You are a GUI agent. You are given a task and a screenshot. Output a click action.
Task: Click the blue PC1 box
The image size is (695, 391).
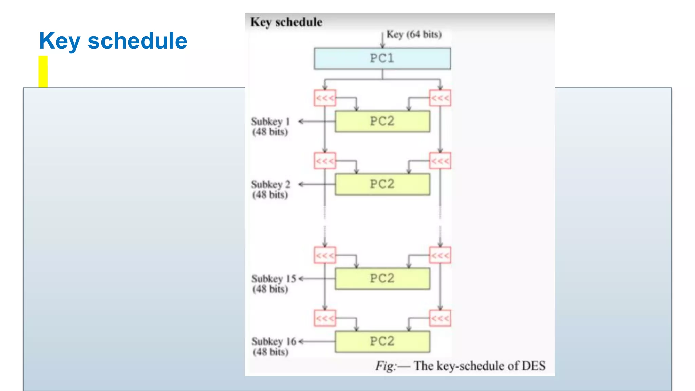382,58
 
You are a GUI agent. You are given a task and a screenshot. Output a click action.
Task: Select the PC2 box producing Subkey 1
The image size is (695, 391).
382,121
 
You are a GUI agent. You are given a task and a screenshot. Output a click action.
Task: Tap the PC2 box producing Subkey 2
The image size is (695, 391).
382,184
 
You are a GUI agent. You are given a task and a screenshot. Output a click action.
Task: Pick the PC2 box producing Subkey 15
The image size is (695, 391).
382,278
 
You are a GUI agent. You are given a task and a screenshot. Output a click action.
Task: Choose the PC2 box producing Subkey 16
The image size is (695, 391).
382,341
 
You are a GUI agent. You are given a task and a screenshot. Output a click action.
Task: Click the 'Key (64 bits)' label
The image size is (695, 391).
414,34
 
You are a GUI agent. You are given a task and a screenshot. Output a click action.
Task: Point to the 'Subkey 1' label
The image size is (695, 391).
270,122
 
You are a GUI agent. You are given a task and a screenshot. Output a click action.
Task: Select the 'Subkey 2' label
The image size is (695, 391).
270,184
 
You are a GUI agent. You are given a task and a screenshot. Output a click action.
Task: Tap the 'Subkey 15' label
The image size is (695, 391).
274,279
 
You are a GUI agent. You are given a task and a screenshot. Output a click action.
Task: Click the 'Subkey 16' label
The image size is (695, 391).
274,341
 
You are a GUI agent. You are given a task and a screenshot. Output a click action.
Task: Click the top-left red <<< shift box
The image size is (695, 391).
325,98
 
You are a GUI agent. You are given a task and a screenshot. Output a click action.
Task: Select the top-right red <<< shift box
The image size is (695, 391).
440,98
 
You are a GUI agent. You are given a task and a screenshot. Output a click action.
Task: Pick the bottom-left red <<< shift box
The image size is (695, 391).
325,318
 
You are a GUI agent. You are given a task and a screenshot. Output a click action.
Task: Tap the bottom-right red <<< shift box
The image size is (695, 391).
440,318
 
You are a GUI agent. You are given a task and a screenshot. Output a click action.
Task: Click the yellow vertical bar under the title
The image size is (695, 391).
43,71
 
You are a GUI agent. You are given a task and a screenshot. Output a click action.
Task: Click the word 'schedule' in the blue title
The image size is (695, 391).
137,41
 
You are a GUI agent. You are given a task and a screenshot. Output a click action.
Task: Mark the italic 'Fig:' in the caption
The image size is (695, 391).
386,366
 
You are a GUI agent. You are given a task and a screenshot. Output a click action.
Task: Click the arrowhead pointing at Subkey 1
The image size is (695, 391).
301,121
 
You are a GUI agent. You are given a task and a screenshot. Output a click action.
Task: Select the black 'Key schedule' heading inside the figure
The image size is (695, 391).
286,22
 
